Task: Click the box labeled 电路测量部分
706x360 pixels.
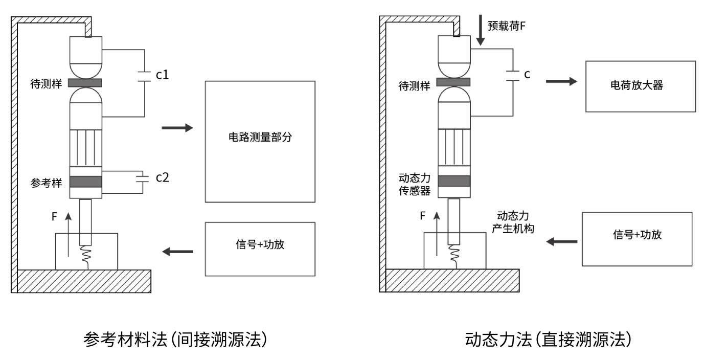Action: tap(260, 141)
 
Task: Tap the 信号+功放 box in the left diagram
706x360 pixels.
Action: tap(260, 249)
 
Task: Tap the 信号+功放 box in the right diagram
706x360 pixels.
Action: tap(637, 239)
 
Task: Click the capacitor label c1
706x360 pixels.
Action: tap(163, 75)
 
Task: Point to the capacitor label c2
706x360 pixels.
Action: tap(163, 177)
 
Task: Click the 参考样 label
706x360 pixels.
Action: tap(47, 183)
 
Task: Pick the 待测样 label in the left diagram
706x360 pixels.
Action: tap(47, 83)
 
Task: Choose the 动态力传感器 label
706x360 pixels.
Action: tap(414, 185)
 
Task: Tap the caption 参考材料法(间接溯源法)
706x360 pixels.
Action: tap(175, 340)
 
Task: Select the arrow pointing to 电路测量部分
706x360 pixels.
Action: tap(177, 128)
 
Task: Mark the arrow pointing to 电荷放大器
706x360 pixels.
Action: tap(561, 82)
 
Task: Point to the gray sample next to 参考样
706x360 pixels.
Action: tap(85, 182)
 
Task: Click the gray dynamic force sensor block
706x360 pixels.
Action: tap(453, 181)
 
